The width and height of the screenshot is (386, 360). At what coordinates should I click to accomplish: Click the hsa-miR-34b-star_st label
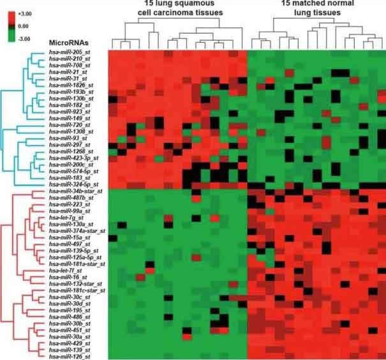click(x=76, y=190)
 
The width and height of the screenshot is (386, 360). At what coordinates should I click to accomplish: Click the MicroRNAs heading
click(x=71, y=42)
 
